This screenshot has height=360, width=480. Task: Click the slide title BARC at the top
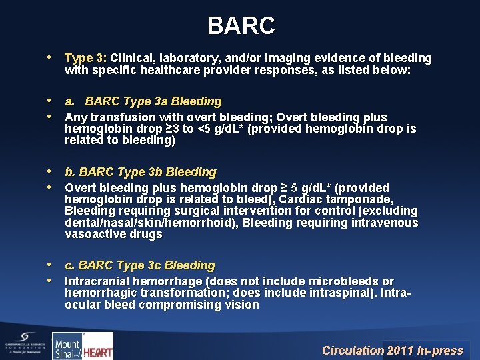tap(241, 26)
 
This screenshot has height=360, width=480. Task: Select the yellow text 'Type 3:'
tap(89, 59)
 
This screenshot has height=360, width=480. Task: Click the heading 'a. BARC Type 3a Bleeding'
tap(143, 101)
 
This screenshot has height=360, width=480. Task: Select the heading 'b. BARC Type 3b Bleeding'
tap(140, 172)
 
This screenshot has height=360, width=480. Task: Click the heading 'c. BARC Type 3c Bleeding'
tap(139, 265)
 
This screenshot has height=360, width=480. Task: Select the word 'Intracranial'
tap(98, 281)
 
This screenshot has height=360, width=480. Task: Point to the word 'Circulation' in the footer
tap(353, 350)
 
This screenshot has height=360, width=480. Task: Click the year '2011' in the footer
tap(401, 350)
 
